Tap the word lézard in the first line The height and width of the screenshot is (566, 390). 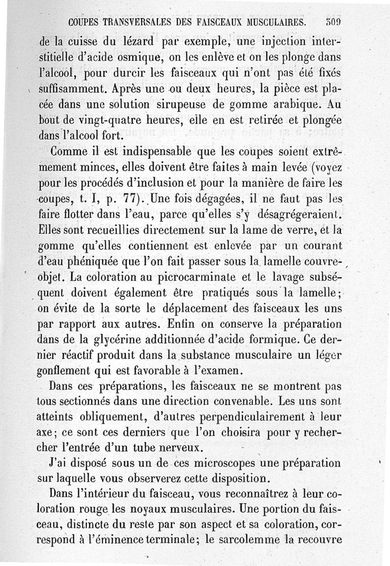pos(127,42)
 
